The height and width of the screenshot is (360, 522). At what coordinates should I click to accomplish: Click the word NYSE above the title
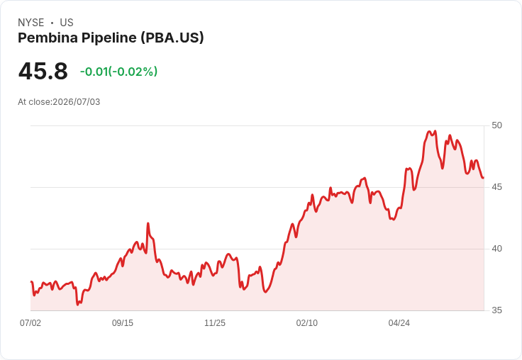[31, 23]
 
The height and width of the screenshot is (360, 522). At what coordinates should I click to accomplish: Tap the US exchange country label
[67, 23]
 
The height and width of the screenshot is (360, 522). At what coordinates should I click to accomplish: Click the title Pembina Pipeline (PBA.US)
[111, 38]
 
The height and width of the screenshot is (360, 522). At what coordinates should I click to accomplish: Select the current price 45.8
[43, 71]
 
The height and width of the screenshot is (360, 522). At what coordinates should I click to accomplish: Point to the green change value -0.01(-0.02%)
[118, 72]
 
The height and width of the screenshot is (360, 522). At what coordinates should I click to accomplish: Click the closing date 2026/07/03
[76, 102]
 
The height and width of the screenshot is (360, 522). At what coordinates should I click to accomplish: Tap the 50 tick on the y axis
[496, 125]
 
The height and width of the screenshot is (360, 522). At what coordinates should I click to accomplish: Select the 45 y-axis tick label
[496, 187]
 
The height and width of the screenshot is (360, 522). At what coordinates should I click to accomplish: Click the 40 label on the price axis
[496, 249]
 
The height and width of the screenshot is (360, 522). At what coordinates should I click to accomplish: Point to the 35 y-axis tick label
[496, 310]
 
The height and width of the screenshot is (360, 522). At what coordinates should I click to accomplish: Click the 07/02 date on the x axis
[30, 323]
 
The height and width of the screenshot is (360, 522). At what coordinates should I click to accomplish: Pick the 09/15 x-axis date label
[123, 323]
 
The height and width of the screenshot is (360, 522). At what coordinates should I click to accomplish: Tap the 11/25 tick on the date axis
[215, 323]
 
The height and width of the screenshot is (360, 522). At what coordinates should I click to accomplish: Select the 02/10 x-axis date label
[307, 323]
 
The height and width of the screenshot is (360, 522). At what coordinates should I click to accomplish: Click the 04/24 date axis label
[399, 323]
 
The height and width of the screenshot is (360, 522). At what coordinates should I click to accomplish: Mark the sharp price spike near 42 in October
[148, 224]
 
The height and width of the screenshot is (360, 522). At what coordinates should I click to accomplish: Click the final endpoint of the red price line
[484, 178]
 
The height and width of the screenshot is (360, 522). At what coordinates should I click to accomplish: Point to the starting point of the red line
[31, 282]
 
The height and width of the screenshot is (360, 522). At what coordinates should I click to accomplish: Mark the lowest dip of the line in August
[77, 304]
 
